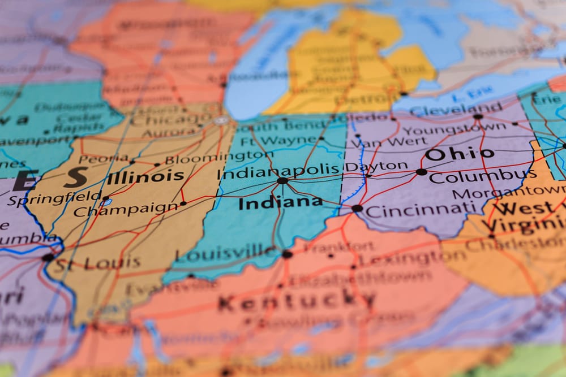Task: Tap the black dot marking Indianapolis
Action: pos(282,181)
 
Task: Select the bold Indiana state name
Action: pos(280,202)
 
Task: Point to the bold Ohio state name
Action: pos(459,154)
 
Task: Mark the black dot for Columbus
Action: pos(421,172)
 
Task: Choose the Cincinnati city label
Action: pos(421,211)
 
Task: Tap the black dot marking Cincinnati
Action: pos(357,209)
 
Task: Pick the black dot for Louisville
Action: pos(287,254)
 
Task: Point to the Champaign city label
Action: pos(126,210)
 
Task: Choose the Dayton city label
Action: pos(376,167)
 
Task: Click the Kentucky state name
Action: pos(297,301)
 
